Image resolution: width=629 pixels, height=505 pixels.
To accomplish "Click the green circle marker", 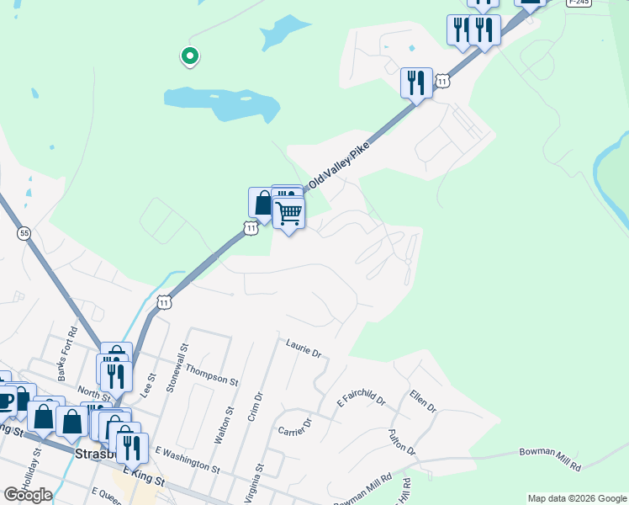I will (x=190, y=56).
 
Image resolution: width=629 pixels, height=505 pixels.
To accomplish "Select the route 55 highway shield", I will (x=24, y=232).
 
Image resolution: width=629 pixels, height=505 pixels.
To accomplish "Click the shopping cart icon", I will (x=288, y=213).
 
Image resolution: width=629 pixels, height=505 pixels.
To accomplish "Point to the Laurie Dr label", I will (x=304, y=348).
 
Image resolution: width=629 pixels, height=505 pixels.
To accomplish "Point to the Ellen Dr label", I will (x=423, y=401).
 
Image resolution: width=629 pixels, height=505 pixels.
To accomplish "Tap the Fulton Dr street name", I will (x=403, y=442).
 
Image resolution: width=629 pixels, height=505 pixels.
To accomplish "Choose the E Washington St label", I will (x=187, y=460).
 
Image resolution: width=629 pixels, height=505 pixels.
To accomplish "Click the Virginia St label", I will (x=259, y=480).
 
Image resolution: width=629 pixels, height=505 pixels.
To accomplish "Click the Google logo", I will (x=28, y=495).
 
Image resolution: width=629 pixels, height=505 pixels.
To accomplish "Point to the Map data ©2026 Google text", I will (x=577, y=498).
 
